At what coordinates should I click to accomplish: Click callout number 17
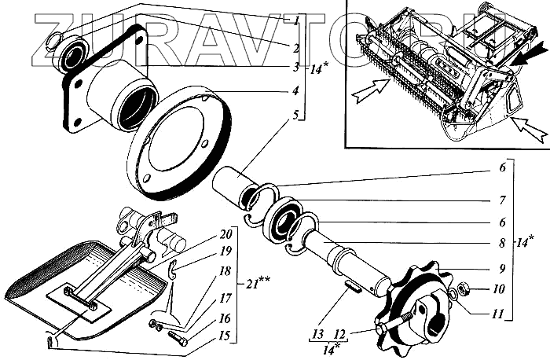point(226,298)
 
